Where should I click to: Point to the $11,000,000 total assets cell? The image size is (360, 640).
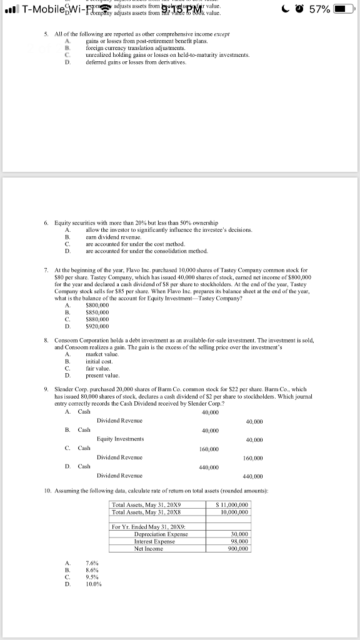tap(232, 504)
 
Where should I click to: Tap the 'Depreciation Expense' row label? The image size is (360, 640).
tap(161, 534)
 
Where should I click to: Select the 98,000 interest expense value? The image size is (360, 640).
tap(240, 541)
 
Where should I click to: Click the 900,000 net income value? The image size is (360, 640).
tap(239, 549)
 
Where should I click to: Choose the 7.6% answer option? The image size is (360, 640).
tap(92, 562)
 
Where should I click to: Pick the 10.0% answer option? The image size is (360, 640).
tap(94, 584)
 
